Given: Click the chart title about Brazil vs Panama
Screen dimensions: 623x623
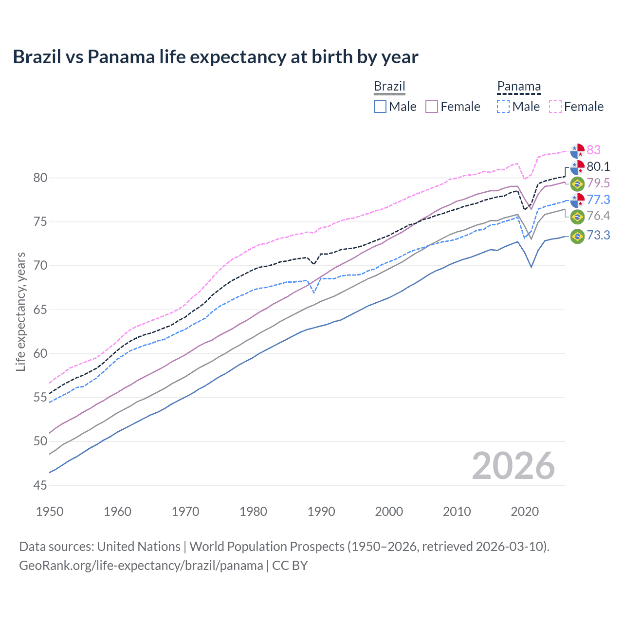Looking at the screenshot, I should [x=215, y=57].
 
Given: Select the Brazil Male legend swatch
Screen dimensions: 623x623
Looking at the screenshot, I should [x=380, y=107].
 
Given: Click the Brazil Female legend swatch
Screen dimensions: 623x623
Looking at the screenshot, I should [x=432, y=107].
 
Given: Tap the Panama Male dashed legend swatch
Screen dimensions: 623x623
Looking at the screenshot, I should [x=503, y=107].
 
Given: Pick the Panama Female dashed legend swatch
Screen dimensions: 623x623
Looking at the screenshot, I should [x=555, y=107].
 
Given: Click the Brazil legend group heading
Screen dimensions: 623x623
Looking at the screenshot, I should [x=389, y=86].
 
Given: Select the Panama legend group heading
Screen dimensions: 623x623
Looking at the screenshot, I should [x=519, y=86].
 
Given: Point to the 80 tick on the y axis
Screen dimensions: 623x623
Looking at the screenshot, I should [x=40, y=178].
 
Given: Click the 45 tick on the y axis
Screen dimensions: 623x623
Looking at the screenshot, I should [x=40, y=485].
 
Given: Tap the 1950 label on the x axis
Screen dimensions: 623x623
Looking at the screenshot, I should [x=50, y=512].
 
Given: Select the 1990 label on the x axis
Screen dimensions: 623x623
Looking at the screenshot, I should [x=321, y=512].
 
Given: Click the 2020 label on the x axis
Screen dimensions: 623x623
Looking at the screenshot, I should [x=525, y=512].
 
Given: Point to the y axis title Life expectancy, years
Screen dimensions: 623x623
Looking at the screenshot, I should [x=20, y=311].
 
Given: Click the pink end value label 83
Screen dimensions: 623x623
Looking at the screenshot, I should [x=593, y=150].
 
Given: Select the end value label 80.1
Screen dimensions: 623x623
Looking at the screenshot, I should [x=598, y=166].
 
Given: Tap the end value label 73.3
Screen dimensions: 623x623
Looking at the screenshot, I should [x=598, y=236].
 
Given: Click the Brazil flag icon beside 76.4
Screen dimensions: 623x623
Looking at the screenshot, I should [x=577, y=216].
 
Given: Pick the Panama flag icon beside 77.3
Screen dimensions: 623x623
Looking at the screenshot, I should [x=577, y=200].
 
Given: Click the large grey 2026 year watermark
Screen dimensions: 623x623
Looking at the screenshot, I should [x=513, y=466].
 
